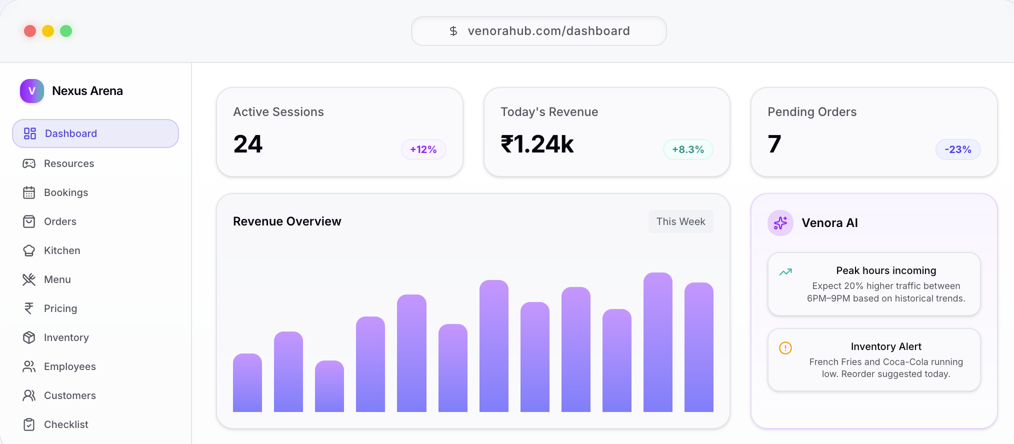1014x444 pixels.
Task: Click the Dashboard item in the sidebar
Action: coord(95,133)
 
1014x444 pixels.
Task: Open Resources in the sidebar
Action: coord(69,163)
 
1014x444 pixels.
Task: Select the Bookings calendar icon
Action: coord(29,192)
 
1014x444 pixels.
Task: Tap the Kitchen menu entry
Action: coord(62,250)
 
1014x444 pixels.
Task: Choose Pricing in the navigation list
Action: coord(60,308)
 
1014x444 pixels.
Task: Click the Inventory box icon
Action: coord(29,337)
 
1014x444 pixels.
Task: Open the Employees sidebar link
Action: coord(70,366)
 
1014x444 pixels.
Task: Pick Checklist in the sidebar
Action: coord(66,424)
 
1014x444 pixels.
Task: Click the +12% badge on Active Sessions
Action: coord(423,149)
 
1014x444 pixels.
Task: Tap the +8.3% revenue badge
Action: coord(688,149)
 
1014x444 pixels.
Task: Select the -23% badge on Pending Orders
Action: coord(958,149)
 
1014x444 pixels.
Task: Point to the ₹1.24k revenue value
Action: coord(537,144)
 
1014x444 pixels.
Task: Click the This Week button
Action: coord(681,221)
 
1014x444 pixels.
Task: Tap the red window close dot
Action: coord(30,31)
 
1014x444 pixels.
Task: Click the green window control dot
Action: coord(66,31)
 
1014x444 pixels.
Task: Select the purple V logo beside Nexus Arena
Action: coord(32,91)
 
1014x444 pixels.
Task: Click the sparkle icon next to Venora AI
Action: coord(780,223)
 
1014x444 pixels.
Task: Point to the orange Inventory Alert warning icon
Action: coord(785,347)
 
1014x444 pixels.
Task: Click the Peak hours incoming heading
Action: coord(886,270)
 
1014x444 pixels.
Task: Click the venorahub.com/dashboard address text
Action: coord(548,31)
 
